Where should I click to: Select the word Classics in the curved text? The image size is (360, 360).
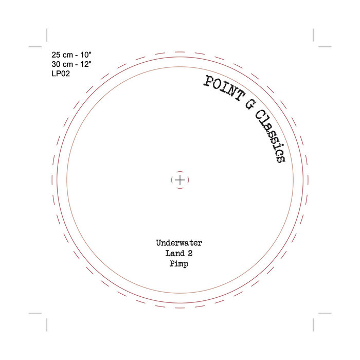click(270, 136)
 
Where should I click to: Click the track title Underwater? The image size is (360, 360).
click(179, 243)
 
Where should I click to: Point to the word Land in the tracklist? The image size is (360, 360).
click(175, 253)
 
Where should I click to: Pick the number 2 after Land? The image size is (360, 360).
click(190, 253)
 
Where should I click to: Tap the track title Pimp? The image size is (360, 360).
click(179, 263)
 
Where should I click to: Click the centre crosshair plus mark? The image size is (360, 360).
click(180, 180)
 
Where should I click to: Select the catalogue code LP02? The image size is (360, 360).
click(61, 74)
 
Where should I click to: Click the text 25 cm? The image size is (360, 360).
click(62, 55)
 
